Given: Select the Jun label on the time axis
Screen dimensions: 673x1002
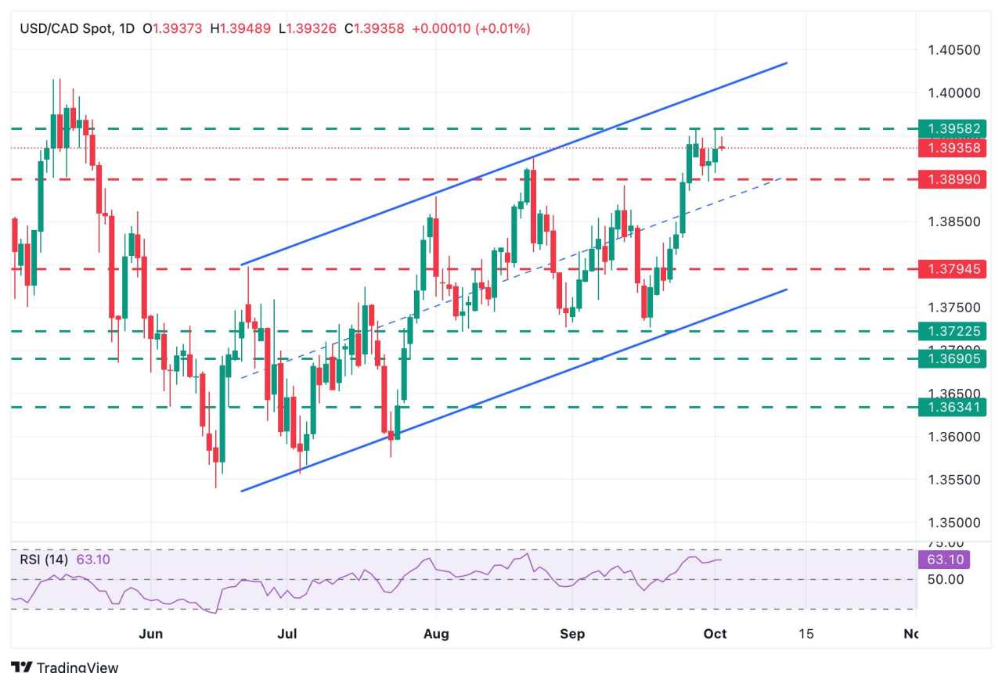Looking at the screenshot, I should [150, 633].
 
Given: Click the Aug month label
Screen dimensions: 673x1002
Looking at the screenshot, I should [436, 633].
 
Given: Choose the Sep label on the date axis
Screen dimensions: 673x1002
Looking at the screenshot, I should [572, 633].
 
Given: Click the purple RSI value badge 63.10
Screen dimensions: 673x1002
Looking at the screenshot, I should [943, 560].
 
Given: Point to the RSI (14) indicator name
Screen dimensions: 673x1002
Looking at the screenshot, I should [44, 560].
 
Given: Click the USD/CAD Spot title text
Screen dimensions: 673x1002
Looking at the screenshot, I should [64, 29].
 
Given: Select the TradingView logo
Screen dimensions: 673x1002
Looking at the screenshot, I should [65, 667].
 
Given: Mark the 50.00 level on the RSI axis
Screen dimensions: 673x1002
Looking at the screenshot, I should [945, 579].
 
